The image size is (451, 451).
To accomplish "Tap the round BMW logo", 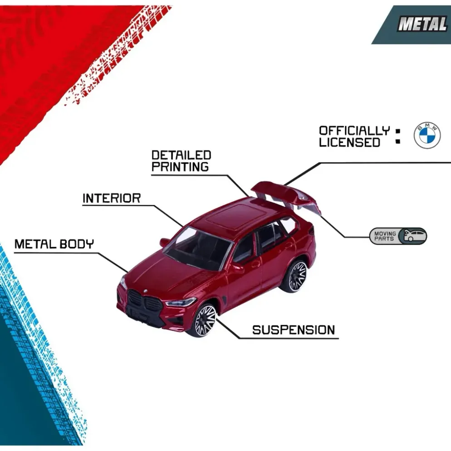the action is [x=427, y=136].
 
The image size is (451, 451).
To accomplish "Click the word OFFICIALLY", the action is [x=354, y=131].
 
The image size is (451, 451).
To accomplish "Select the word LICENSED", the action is [x=349, y=142].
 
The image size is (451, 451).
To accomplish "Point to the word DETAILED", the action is [x=181, y=155].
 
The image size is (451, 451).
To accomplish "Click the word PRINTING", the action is [x=180, y=167].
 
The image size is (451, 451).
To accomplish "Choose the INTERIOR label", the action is [x=112, y=198].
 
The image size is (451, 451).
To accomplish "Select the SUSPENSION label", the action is [x=294, y=330].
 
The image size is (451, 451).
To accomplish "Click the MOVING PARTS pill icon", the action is [x=398, y=236].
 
